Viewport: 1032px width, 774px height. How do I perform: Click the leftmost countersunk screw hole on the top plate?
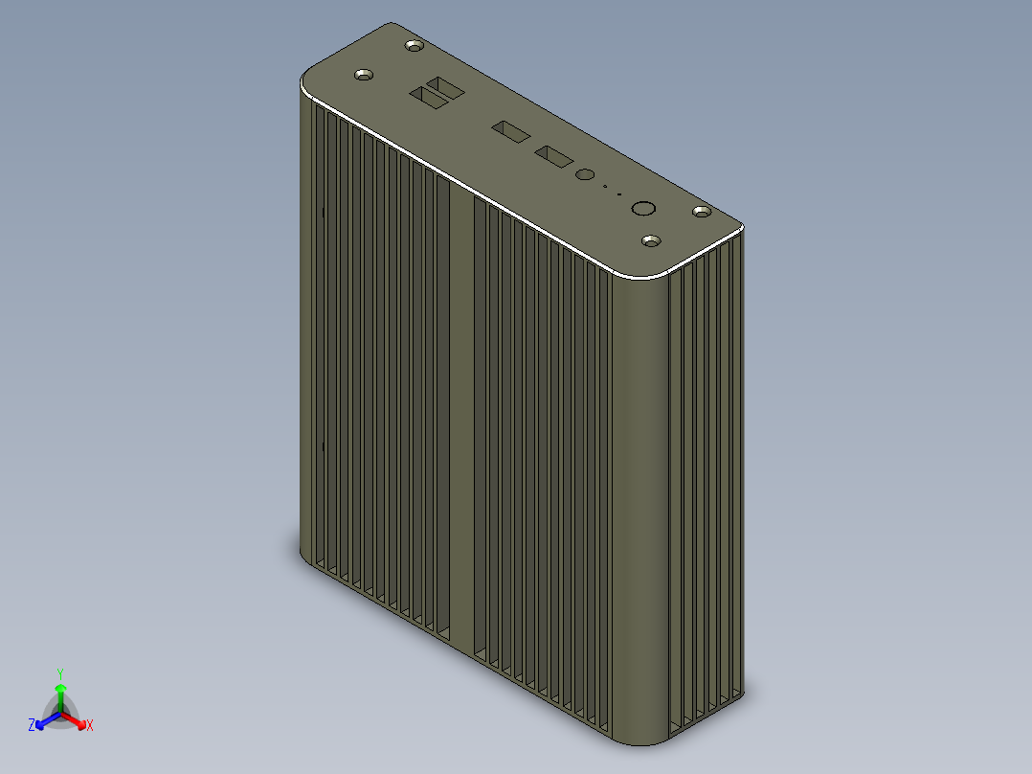point(364,75)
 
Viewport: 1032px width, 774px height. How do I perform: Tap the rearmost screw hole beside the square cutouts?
point(415,45)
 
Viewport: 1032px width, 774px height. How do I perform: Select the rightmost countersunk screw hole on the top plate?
point(702,211)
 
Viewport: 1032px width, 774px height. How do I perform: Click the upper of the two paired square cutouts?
point(445,88)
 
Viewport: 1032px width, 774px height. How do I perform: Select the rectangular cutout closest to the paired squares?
point(510,131)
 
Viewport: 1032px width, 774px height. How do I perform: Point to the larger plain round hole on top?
point(643,209)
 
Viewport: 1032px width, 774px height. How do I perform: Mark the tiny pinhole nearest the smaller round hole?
point(605,187)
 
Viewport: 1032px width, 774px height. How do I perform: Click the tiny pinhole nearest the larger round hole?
point(619,194)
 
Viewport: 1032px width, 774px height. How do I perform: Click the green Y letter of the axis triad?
point(60,673)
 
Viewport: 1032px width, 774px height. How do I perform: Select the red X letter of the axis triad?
point(89,726)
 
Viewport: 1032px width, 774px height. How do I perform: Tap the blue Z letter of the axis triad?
point(32,726)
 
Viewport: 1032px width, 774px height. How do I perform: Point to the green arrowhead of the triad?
point(60,688)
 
